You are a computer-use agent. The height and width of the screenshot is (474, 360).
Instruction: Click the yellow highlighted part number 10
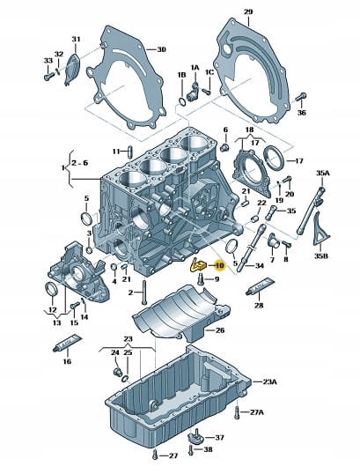(x=219, y=265)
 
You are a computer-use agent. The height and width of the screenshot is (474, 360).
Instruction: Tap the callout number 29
(x=248, y=12)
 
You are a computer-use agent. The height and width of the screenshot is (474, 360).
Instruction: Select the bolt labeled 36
(x=300, y=97)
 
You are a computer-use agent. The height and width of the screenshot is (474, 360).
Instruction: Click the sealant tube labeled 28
(x=260, y=286)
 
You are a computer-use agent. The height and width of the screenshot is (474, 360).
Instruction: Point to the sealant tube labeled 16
(x=68, y=343)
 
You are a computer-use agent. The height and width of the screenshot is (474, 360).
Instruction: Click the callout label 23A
(x=269, y=382)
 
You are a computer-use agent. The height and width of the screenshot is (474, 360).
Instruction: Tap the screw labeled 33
(x=49, y=76)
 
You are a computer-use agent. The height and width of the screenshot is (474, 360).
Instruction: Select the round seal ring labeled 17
(x=274, y=158)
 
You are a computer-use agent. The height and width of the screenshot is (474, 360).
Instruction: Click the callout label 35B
(x=321, y=256)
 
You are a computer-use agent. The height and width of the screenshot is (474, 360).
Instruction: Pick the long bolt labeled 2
(x=144, y=292)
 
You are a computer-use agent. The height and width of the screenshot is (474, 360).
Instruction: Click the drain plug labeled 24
(x=117, y=372)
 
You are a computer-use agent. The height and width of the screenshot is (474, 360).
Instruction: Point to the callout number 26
(x=220, y=330)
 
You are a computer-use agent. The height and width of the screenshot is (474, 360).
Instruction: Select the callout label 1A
(x=195, y=68)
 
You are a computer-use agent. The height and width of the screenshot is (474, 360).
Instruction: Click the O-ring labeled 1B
(x=182, y=102)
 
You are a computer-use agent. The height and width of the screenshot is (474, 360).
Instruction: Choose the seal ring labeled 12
(x=51, y=289)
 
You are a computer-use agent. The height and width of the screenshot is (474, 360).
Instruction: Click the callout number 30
(x=161, y=49)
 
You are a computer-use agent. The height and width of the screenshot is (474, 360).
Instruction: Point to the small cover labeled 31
(x=72, y=70)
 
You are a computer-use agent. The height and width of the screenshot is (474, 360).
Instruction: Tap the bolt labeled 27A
(x=237, y=412)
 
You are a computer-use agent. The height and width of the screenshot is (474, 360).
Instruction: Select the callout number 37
(x=219, y=437)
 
